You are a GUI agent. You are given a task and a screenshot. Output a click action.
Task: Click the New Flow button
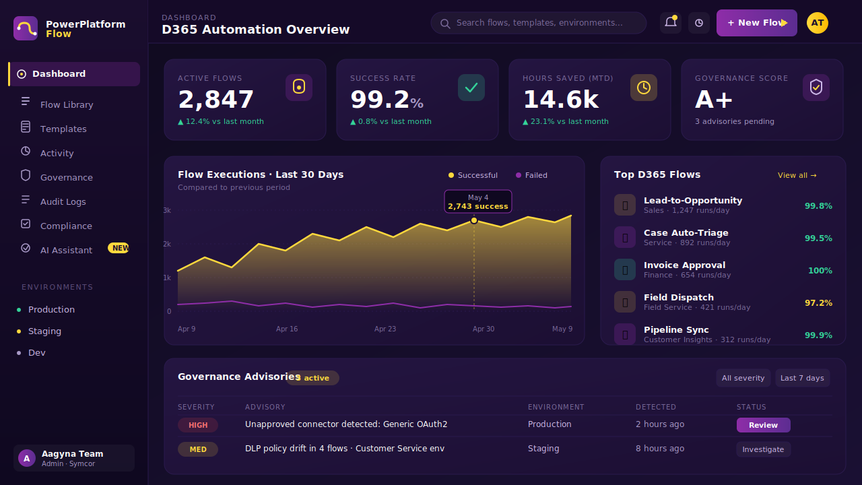coord(756,23)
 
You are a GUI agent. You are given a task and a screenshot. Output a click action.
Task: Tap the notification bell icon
coord(671,22)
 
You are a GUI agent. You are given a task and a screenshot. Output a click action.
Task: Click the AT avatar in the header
coord(818,23)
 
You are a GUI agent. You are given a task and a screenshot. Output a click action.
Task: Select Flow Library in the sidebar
coord(67,104)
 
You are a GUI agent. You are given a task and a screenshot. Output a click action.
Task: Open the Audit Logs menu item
coord(63,201)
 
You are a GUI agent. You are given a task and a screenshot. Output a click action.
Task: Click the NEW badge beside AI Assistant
coord(119,248)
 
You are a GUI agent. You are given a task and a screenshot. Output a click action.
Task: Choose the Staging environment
coord(44,331)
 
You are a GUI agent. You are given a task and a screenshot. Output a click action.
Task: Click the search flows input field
coord(539,23)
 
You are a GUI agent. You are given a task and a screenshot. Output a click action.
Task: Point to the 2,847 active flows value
coord(215,99)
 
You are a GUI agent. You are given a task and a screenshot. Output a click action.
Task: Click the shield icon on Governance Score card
coord(816,88)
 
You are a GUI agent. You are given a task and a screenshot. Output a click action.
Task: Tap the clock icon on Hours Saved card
coord(643,88)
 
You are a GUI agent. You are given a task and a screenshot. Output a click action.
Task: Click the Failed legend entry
coord(531,175)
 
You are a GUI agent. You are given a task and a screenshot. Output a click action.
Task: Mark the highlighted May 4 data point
coord(474,220)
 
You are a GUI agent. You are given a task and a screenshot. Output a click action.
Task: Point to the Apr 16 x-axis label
coord(287,329)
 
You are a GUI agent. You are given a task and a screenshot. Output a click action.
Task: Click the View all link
coord(797,175)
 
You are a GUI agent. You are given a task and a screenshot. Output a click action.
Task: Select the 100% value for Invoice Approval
coord(820,271)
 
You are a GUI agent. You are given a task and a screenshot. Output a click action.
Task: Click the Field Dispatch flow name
coord(679,297)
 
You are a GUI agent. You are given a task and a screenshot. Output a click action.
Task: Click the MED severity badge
coord(198,449)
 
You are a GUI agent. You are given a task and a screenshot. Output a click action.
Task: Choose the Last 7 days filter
coord(802,378)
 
